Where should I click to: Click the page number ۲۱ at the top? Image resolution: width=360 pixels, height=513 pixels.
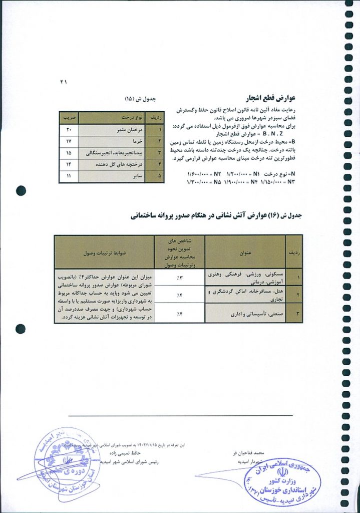coord(64,81)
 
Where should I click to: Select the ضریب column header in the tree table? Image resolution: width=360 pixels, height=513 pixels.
coord(69,118)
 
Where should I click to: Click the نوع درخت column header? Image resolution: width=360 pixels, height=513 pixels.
coord(117,118)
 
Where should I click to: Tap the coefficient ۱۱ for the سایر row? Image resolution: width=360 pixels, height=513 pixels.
coord(69,176)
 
